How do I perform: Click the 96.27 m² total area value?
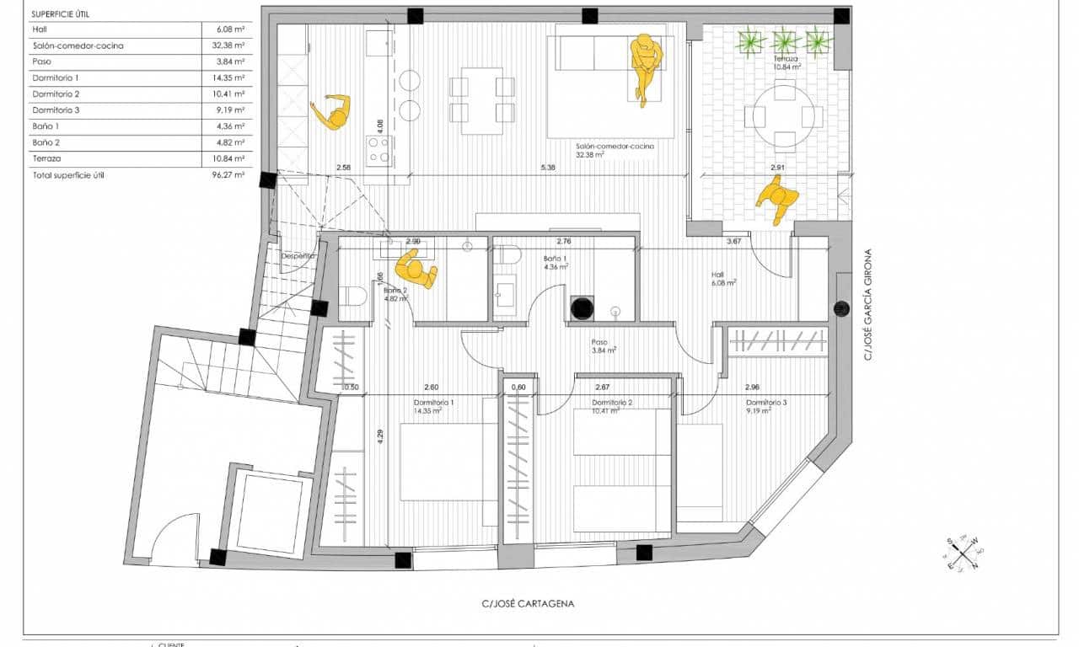(x=230, y=175)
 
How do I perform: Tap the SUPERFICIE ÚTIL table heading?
(x=61, y=13)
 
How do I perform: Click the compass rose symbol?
(x=961, y=553)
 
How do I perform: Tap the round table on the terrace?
(x=785, y=115)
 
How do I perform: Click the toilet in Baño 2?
(x=352, y=297)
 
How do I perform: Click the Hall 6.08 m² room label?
(x=723, y=279)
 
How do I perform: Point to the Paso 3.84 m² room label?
(x=602, y=346)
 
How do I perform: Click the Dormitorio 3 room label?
(x=766, y=407)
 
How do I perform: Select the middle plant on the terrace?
(x=786, y=40)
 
